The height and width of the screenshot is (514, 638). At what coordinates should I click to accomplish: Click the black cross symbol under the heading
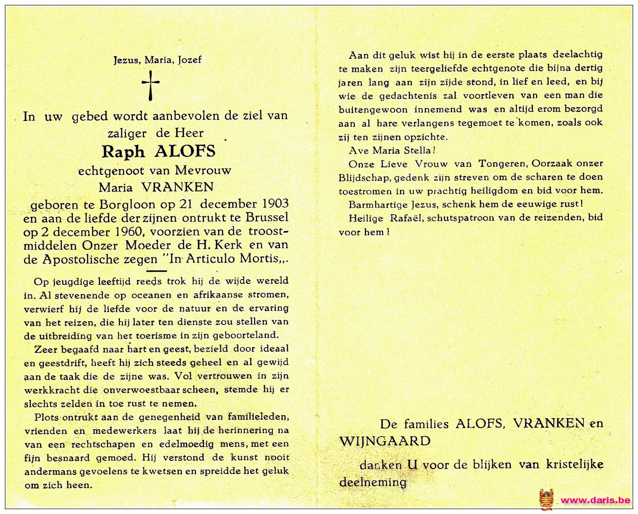coord(151,85)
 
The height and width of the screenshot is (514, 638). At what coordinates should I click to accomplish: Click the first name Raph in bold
coord(123,152)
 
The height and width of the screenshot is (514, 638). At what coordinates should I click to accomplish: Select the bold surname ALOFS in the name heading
coord(185,152)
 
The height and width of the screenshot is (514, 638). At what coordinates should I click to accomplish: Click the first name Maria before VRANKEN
coord(116,187)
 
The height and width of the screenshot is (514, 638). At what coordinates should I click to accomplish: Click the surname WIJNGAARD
coord(385,441)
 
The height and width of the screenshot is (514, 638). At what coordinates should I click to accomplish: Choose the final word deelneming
coord(373,482)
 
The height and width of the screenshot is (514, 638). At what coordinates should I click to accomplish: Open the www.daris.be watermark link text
coord(595,500)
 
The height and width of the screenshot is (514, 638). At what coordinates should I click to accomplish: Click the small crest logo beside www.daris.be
coord(546,499)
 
